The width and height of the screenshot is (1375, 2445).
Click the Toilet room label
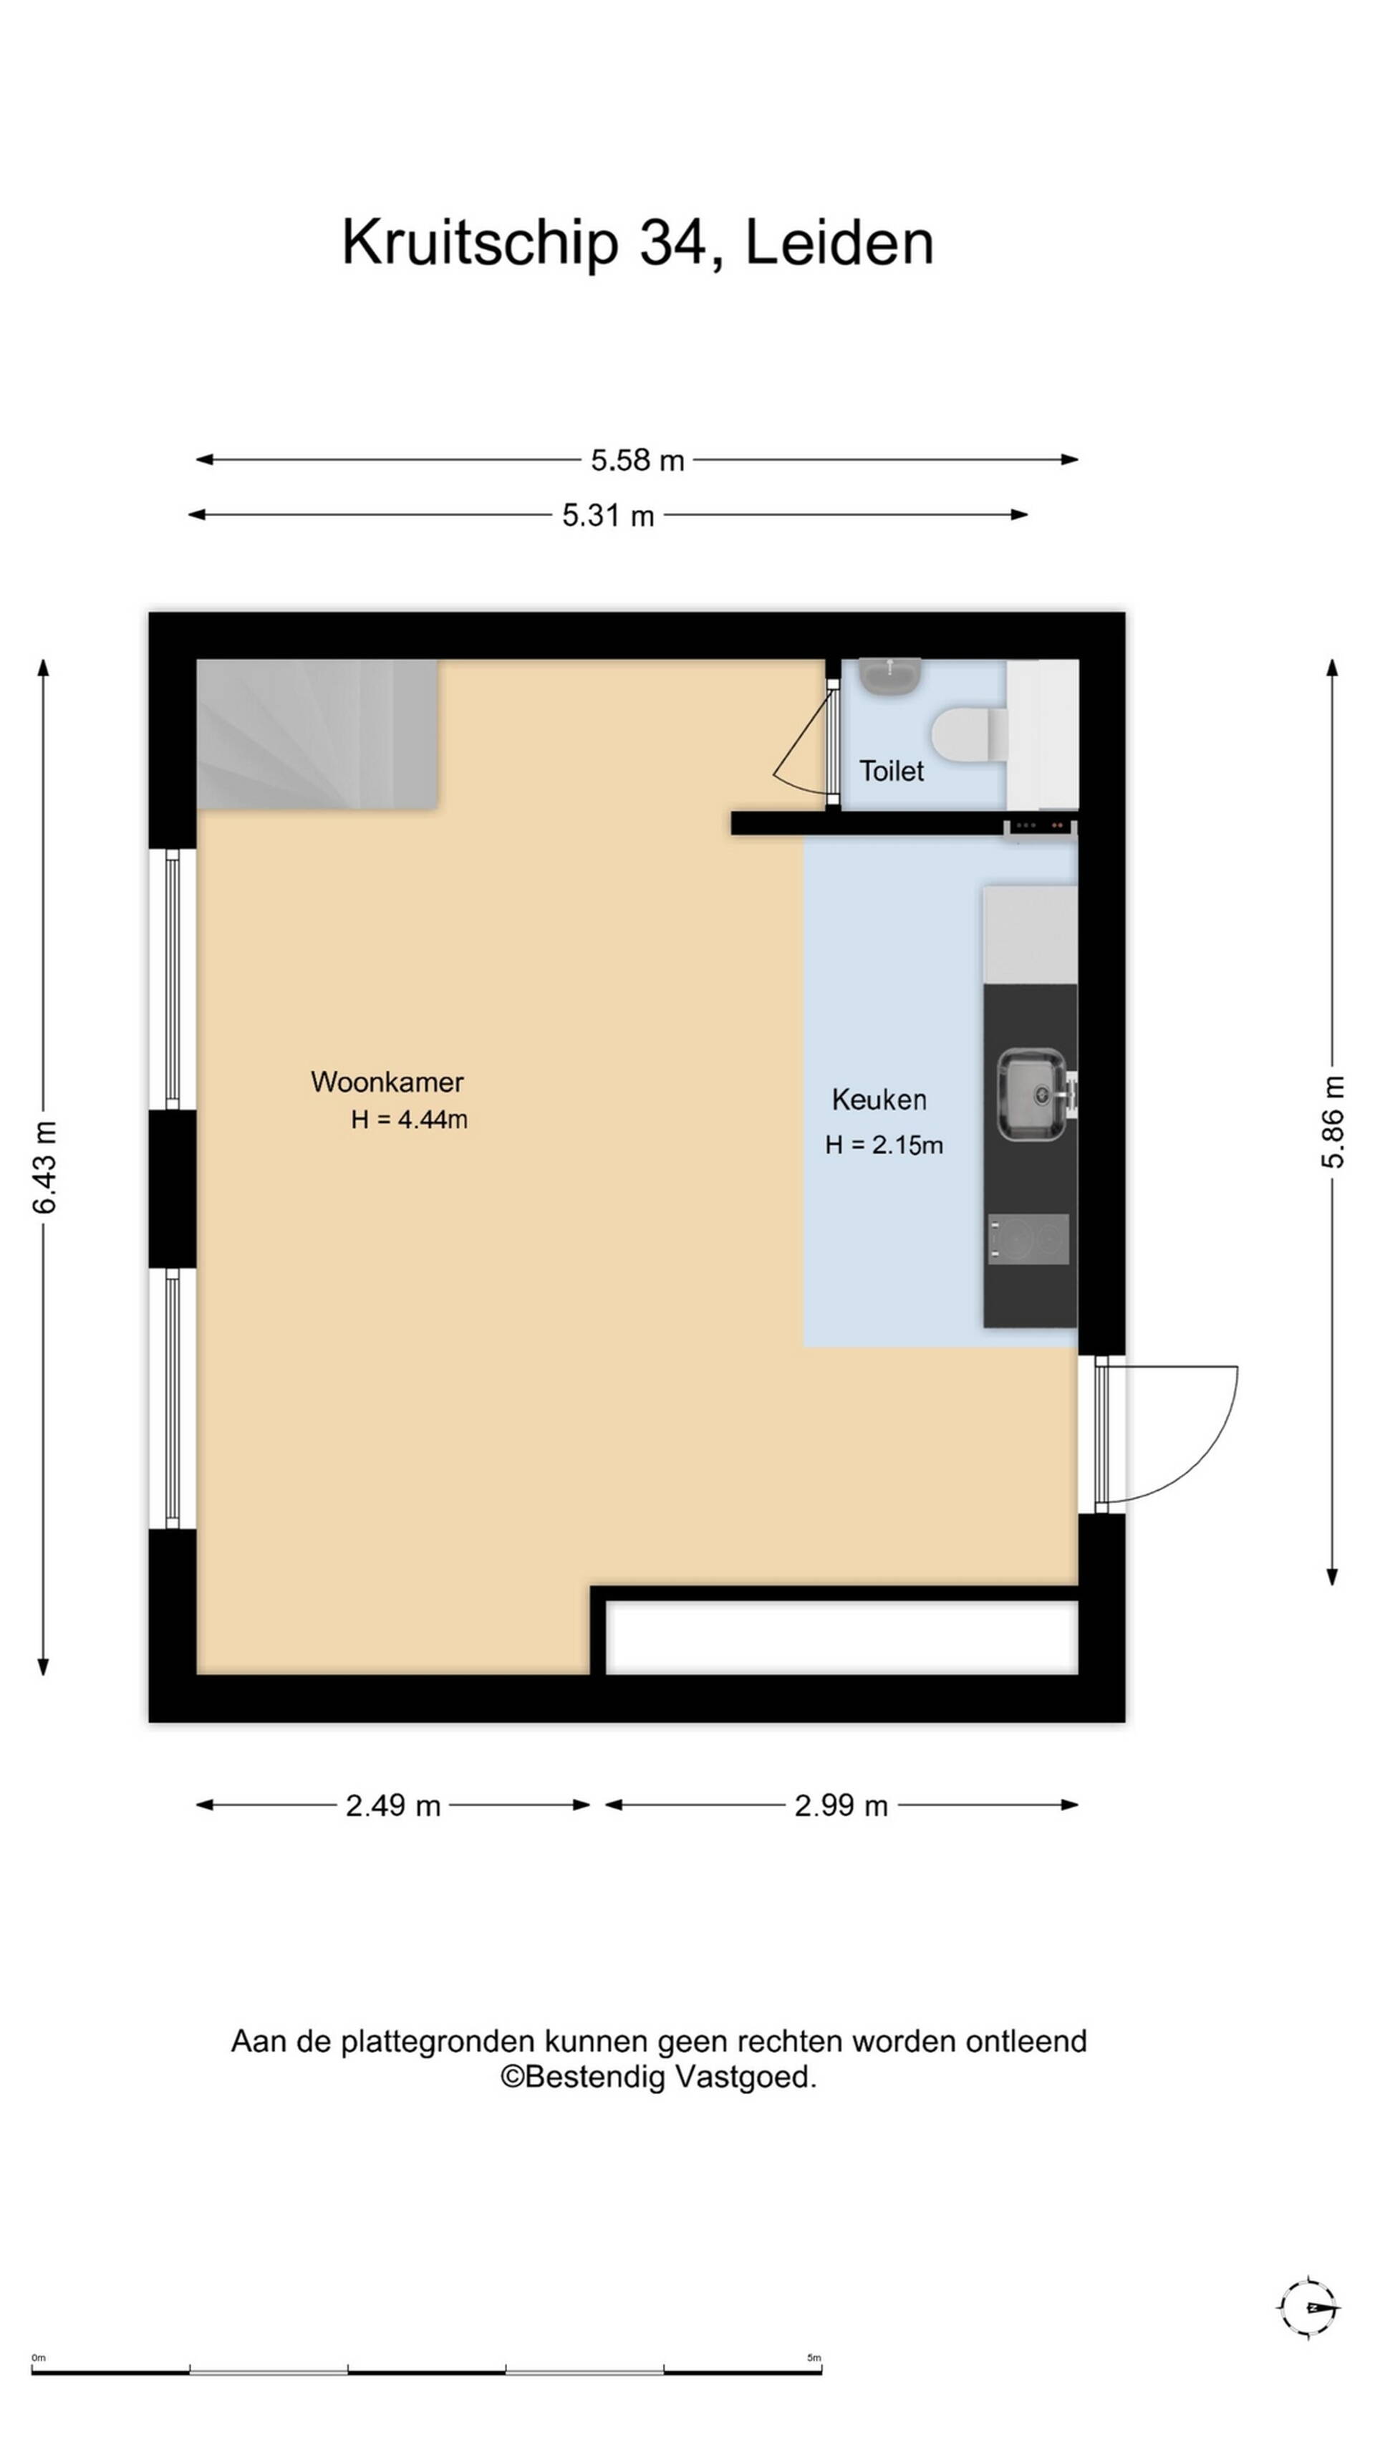890,771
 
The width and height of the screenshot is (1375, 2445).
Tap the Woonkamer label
387,1081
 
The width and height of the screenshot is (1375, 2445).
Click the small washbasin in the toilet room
889,676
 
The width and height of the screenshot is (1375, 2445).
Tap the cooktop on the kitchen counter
1028,1239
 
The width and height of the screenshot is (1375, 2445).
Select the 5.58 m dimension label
637,461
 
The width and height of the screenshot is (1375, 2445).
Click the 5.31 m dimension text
608,515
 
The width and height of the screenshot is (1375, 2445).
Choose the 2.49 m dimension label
393,1805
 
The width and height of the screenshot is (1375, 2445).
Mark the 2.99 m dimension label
841,1805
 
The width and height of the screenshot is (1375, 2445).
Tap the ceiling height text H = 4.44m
409,1120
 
